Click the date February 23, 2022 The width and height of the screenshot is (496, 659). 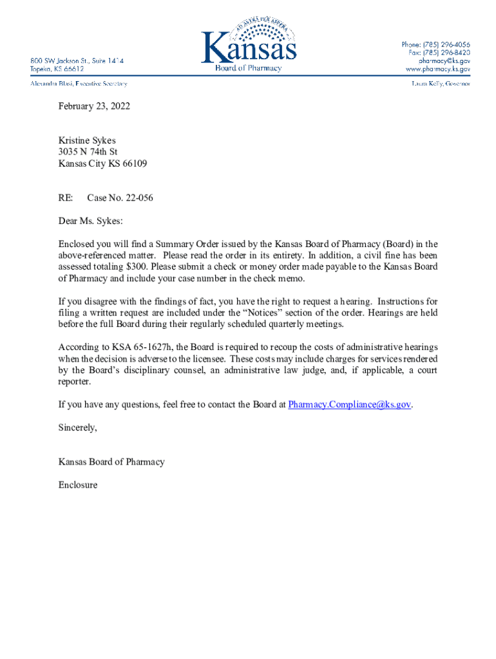coord(94,106)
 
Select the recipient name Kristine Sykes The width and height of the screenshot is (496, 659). coord(87,140)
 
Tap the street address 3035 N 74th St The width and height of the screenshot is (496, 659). coord(88,152)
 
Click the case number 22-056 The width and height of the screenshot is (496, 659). coord(136,198)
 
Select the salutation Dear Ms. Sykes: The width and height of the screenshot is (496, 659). coord(90,221)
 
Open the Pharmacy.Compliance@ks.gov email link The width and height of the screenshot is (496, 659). coord(350,404)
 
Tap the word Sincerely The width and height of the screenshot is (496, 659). coord(77,427)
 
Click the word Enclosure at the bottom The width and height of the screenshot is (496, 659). coord(78,485)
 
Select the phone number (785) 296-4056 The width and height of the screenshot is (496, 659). coord(446,44)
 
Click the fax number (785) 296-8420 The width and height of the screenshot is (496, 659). coord(446,52)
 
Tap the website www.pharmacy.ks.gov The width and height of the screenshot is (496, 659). coord(438,68)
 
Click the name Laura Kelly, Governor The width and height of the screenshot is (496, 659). coord(441,84)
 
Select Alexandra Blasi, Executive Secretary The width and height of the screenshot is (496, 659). coord(79,84)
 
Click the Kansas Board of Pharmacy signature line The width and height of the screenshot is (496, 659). coord(111,461)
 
